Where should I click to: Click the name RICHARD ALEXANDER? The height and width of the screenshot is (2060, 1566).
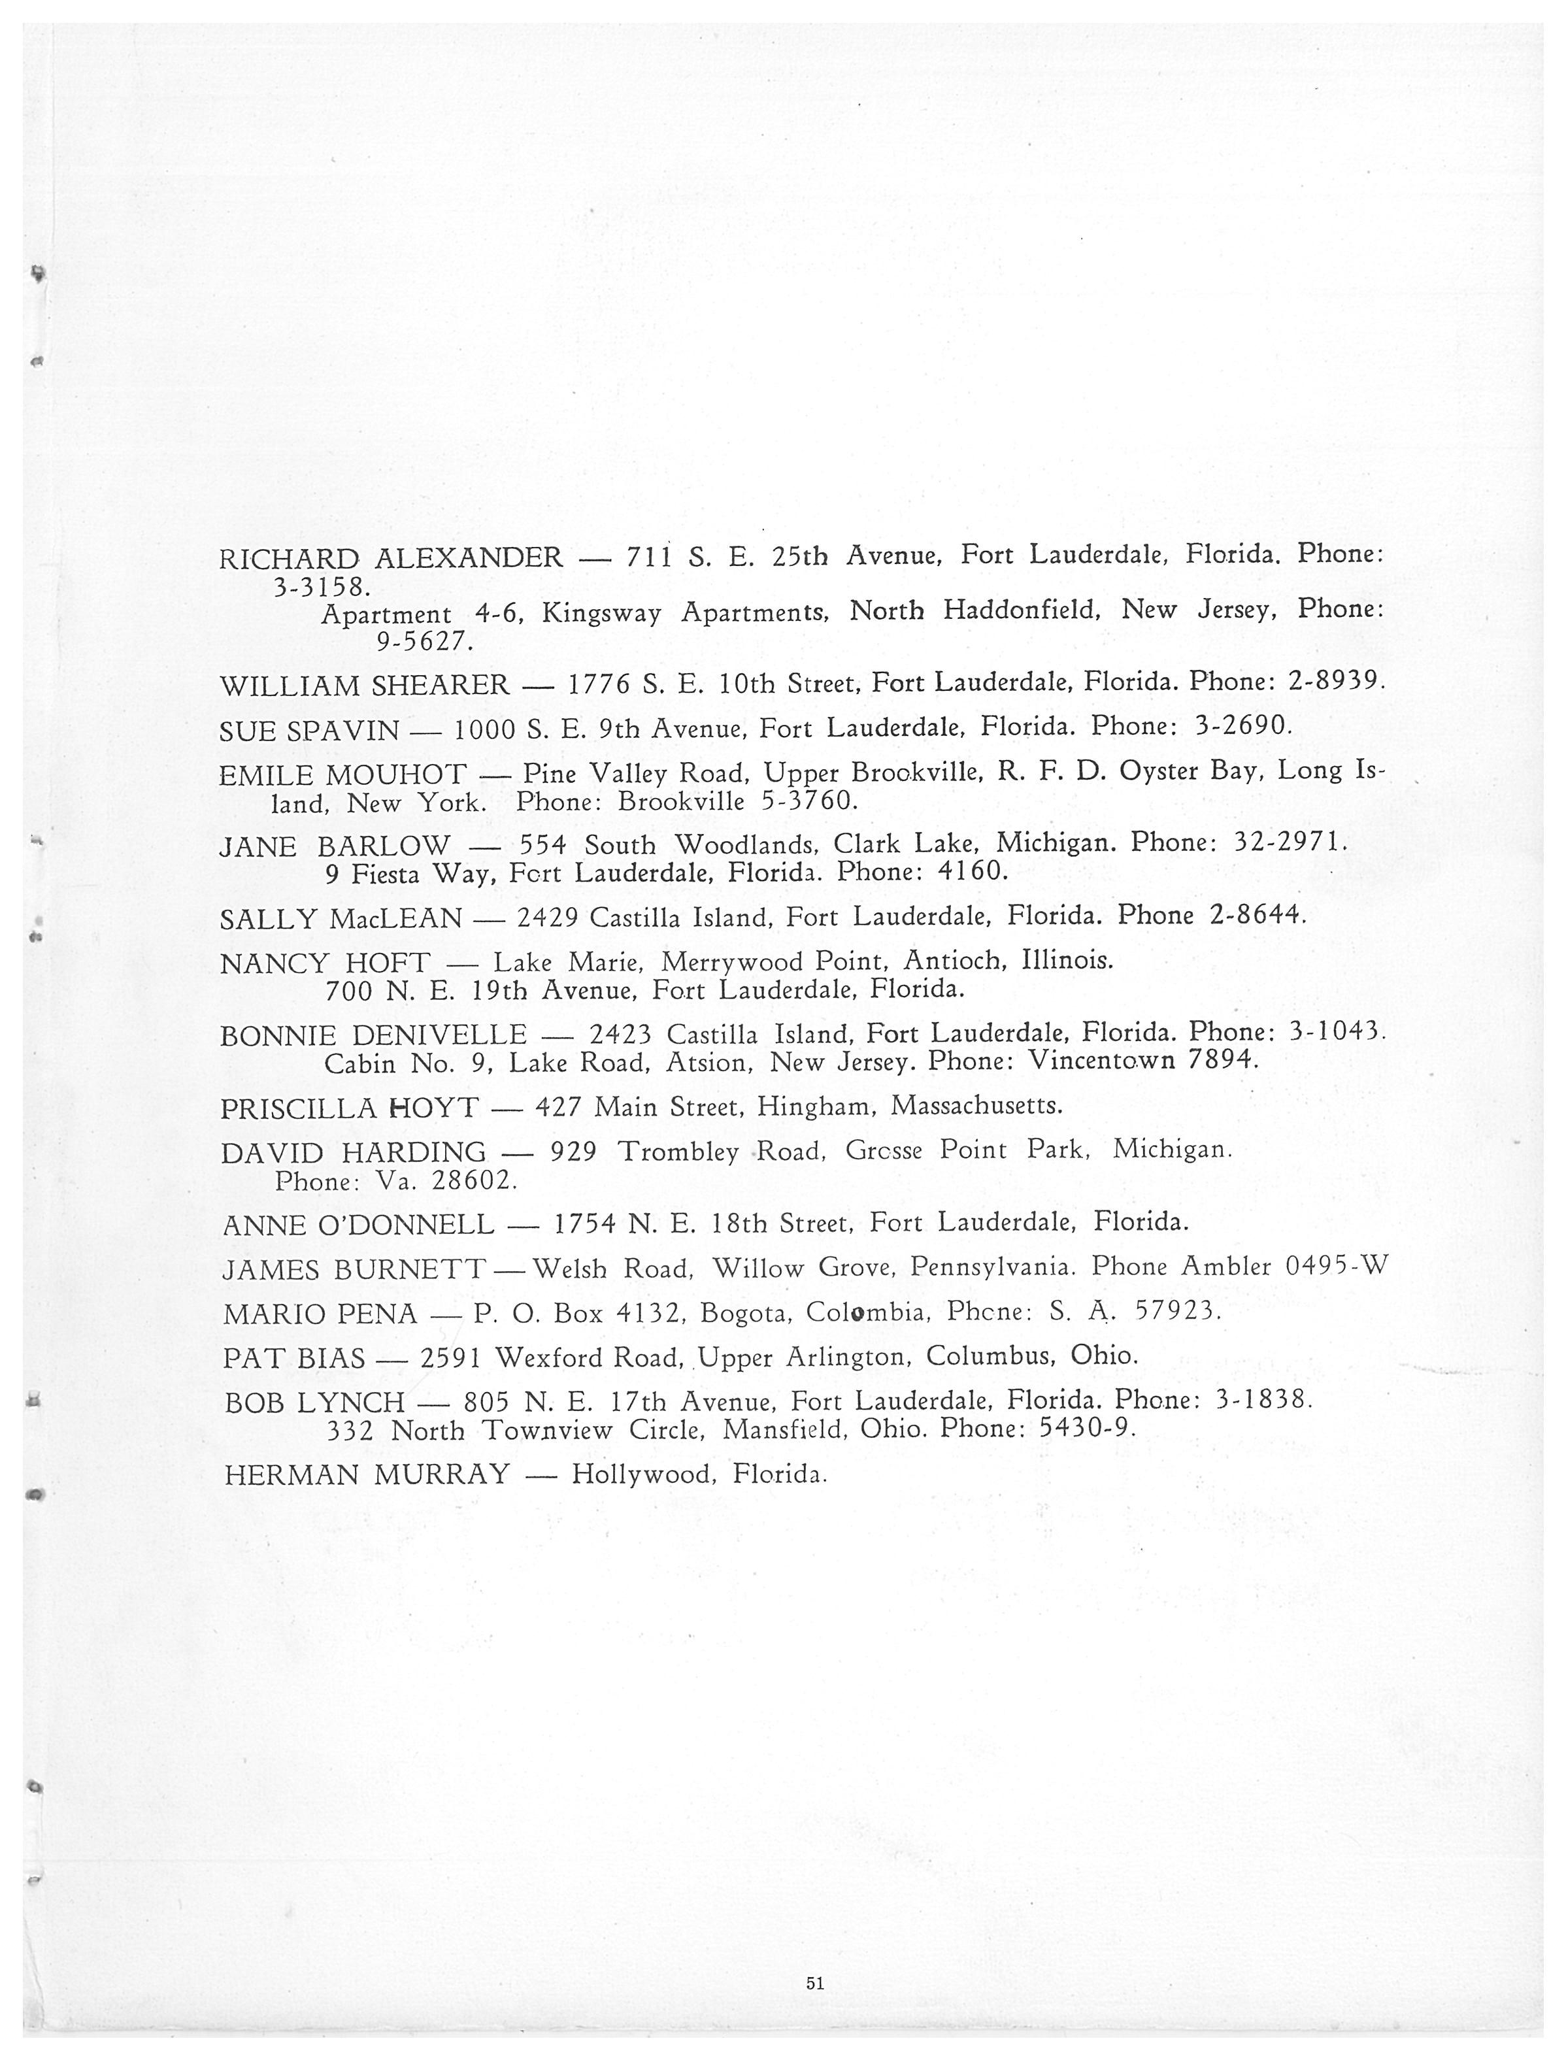point(391,557)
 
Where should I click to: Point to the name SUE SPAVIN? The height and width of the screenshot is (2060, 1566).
point(308,731)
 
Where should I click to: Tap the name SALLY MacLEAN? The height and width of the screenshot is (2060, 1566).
point(341,919)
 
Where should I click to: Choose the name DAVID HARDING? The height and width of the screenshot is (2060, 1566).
point(354,1153)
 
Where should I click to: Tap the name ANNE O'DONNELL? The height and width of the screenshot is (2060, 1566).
point(359,1224)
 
